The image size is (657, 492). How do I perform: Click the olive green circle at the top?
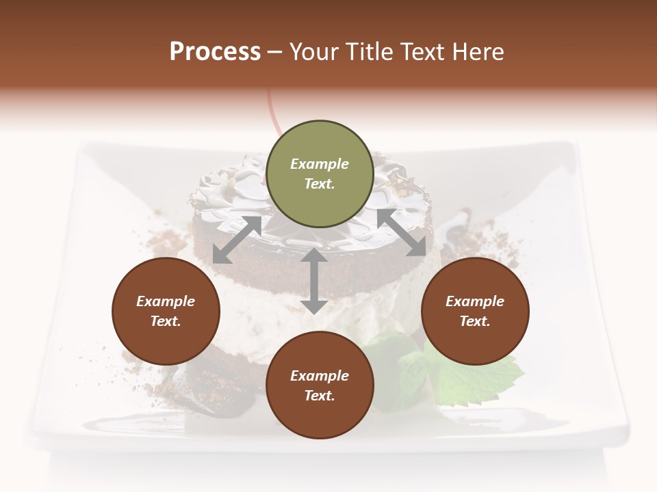pos(320,174)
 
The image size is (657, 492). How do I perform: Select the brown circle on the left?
pos(166,311)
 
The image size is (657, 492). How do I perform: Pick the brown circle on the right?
pos(475,311)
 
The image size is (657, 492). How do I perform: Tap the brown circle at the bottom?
pos(320,385)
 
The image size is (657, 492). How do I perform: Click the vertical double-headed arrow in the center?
pos(313,281)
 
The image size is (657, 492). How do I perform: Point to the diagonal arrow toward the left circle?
pos(237,240)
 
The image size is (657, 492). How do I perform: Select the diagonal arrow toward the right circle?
pos(401,232)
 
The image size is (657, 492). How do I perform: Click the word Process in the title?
pos(215,51)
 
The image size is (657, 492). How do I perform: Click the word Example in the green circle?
pos(320,164)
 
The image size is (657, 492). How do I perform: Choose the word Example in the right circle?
pos(475,301)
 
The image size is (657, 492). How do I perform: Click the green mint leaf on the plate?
pos(479,375)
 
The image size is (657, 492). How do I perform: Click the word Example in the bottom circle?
pos(320,376)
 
